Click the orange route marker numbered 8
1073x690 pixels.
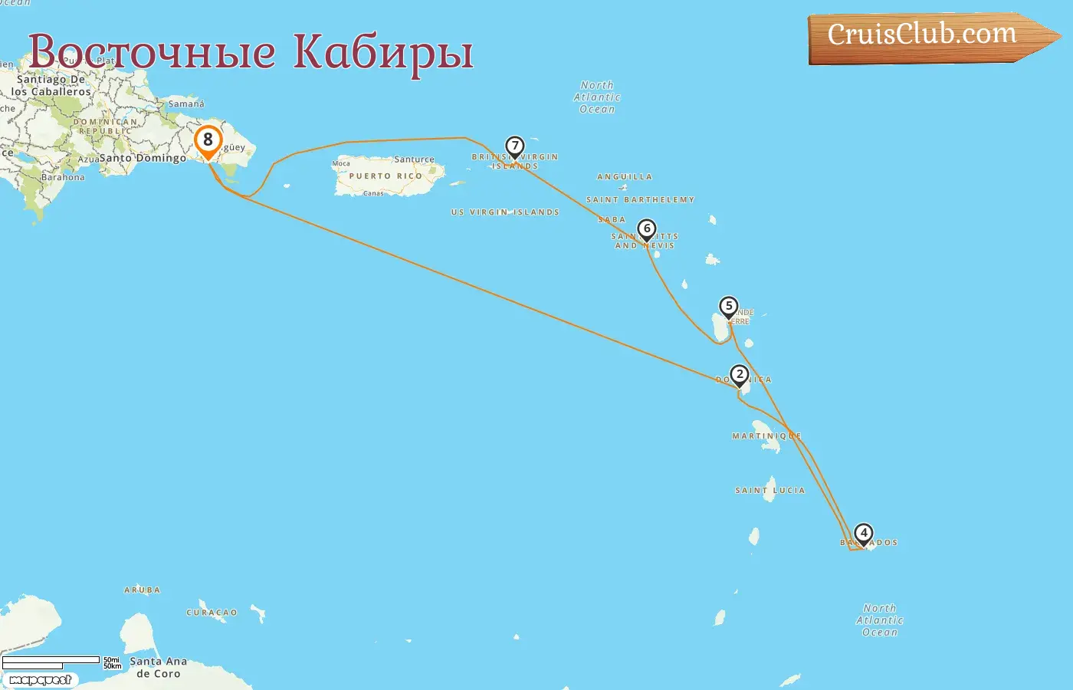(208, 141)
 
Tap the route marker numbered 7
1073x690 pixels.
(515, 146)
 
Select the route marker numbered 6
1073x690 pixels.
(647, 229)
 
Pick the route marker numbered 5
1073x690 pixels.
(729, 307)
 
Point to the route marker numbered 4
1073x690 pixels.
(864, 533)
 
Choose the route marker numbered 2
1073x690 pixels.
(740, 375)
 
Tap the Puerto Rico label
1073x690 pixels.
(386, 176)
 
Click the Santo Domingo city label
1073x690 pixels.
(143, 158)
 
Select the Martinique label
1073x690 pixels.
(766, 436)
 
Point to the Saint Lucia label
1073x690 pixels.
(770, 490)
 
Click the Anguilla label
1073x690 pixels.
(625, 177)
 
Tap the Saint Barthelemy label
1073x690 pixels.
(640, 200)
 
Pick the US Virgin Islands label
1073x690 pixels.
(505, 212)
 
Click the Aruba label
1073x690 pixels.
(143, 590)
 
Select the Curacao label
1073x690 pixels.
(212, 613)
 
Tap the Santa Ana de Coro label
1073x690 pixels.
(158, 667)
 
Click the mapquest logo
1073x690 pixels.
(40, 680)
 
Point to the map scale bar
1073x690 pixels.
(51, 661)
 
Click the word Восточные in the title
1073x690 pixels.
(152, 52)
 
